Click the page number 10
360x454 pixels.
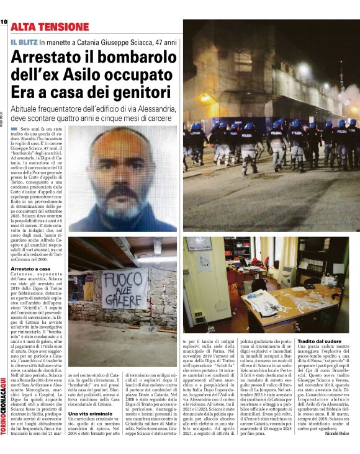4,22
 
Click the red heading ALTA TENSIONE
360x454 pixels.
50,27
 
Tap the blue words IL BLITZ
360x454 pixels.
23,42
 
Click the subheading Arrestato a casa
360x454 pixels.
30,269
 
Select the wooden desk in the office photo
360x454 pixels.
292,307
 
